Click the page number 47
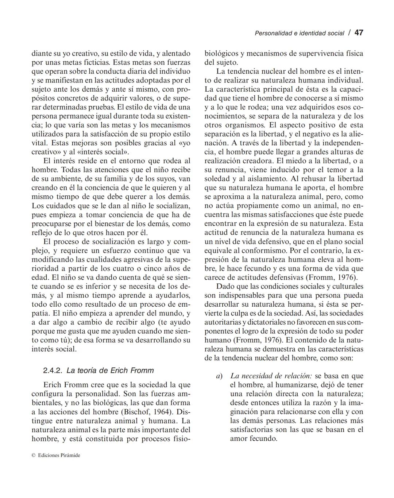(359, 33)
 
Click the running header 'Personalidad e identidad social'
(299, 33)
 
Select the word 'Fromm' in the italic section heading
(141, 370)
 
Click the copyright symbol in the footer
(34, 455)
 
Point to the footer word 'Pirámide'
(70, 455)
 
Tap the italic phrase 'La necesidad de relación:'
(271, 376)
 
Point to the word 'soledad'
(217, 179)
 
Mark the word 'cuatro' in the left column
(134, 268)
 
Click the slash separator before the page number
(349, 33)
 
